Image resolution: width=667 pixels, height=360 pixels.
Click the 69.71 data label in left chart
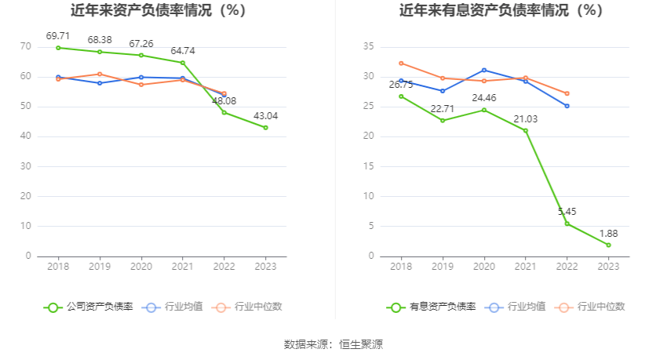(58, 36)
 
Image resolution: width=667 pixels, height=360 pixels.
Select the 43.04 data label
(265, 116)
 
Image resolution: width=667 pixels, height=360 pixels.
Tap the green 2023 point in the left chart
(265, 127)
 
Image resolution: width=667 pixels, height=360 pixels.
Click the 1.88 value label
(608, 233)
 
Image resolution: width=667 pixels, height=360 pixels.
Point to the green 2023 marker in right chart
(608, 245)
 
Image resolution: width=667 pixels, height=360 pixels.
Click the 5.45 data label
(567, 212)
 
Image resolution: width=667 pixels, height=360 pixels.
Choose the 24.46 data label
(483, 98)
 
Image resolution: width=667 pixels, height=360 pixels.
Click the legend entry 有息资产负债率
(431, 307)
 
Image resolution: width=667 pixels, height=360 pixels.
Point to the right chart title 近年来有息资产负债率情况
(501, 11)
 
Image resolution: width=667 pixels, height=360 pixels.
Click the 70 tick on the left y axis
(25, 47)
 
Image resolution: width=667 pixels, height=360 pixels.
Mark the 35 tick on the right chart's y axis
(367, 47)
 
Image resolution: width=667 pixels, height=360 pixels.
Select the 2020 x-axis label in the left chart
(141, 267)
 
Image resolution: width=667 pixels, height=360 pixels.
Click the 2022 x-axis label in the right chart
(567, 267)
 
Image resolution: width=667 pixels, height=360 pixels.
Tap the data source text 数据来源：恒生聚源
(333, 344)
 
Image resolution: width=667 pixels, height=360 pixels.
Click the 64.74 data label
(182, 51)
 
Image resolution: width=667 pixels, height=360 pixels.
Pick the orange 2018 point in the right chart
(401, 64)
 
